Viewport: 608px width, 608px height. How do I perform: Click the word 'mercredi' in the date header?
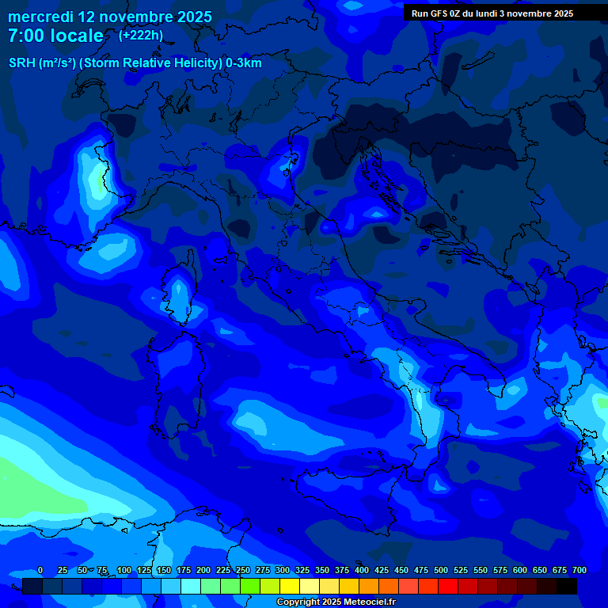(40, 17)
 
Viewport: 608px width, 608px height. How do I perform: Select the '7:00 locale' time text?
(55, 36)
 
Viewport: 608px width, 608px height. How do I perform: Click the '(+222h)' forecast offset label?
(141, 35)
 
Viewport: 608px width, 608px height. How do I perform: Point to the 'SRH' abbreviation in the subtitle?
(21, 63)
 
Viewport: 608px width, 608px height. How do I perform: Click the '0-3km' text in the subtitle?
(244, 63)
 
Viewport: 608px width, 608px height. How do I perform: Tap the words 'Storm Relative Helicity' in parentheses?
(152, 63)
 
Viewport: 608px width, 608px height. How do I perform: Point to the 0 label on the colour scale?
(40, 570)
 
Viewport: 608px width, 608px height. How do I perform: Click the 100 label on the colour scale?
(124, 570)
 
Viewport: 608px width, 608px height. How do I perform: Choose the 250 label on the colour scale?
(243, 570)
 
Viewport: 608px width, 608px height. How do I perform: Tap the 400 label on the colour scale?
(362, 570)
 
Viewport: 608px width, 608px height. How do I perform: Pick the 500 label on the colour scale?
(441, 570)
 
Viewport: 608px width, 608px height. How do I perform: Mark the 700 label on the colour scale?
(579, 570)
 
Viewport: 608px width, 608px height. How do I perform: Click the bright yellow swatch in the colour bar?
(290, 586)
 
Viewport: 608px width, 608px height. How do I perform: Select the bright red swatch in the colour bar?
(448, 586)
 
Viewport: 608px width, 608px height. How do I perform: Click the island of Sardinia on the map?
(176, 380)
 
